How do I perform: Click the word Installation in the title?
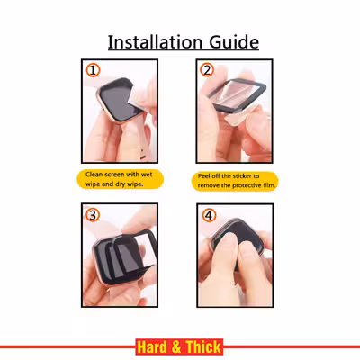[155, 42]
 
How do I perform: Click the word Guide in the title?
[234, 42]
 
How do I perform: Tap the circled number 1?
[93, 71]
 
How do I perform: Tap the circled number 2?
[207, 70]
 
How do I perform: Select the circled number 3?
[93, 215]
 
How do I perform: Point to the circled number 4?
[209, 215]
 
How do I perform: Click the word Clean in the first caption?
[94, 175]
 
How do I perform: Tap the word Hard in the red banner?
[152, 347]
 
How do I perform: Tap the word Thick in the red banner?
[203, 347]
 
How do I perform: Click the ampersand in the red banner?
[176, 347]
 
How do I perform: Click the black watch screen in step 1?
[117, 102]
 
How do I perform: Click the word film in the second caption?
[269, 185]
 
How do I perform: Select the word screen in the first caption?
[114, 175]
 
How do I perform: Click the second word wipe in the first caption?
[135, 184]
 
